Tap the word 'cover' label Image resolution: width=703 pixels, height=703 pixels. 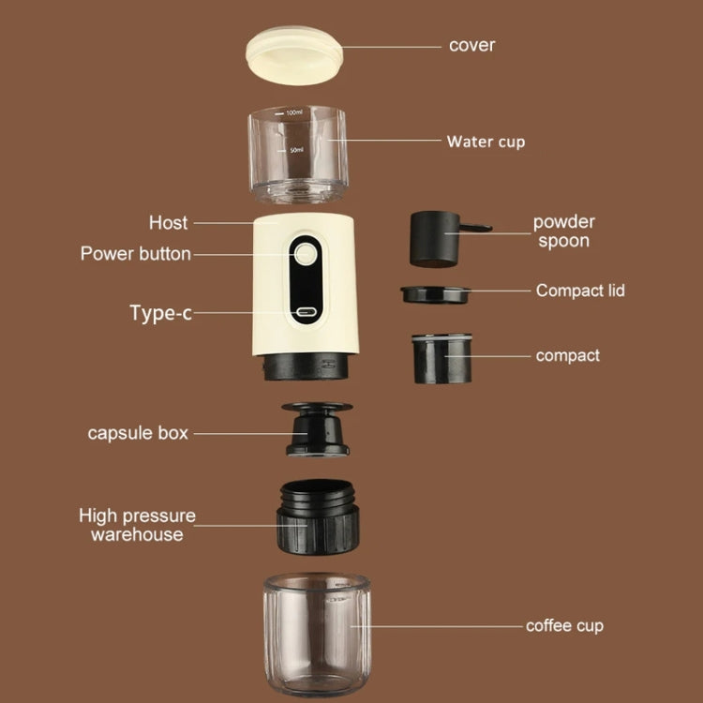click(x=471, y=45)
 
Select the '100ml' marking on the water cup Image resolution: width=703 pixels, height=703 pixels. click(x=294, y=112)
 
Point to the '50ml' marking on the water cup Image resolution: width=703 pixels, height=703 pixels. click(x=295, y=150)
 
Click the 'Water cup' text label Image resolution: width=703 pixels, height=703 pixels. click(x=486, y=142)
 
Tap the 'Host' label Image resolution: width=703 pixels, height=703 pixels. click(x=168, y=223)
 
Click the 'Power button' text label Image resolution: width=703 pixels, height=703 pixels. click(x=135, y=254)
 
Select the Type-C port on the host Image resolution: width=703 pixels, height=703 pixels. click(x=306, y=313)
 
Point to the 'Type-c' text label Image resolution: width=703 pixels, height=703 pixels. click(x=160, y=313)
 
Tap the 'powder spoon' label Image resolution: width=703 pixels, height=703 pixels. click(x=564, y=232)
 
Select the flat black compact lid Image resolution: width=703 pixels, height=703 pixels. click(x=436, y=293)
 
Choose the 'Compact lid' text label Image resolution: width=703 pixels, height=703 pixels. click(x=580, y=291)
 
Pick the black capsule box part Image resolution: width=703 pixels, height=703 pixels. click(x=318, y=430)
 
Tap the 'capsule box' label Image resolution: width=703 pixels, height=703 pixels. click(x=138, y=433)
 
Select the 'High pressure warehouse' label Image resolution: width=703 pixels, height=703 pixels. click(x=137, y=525)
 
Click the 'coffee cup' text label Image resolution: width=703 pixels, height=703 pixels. click(x=564, y=625)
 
